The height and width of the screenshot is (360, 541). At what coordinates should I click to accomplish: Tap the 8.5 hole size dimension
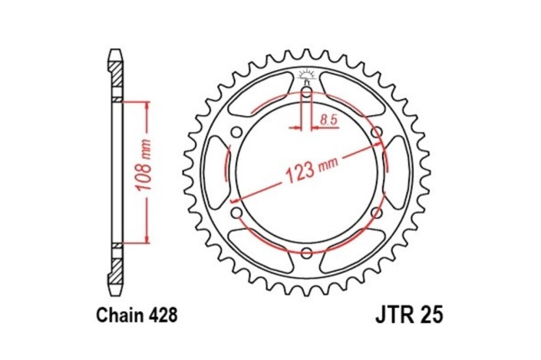328,119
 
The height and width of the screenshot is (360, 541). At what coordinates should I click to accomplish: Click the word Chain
117,315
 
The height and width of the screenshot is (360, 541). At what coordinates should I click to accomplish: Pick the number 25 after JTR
432,315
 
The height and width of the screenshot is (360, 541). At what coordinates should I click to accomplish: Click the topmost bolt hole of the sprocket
305,94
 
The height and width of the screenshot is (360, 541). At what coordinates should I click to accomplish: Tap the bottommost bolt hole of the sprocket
305,253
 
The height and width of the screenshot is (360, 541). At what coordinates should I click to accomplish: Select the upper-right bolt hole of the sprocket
376,133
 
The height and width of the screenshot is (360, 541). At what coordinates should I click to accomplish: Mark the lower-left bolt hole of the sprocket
236,213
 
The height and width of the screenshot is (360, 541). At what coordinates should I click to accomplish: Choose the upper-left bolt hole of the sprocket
236,133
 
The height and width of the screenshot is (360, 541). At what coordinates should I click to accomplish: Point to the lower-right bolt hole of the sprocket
376,213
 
